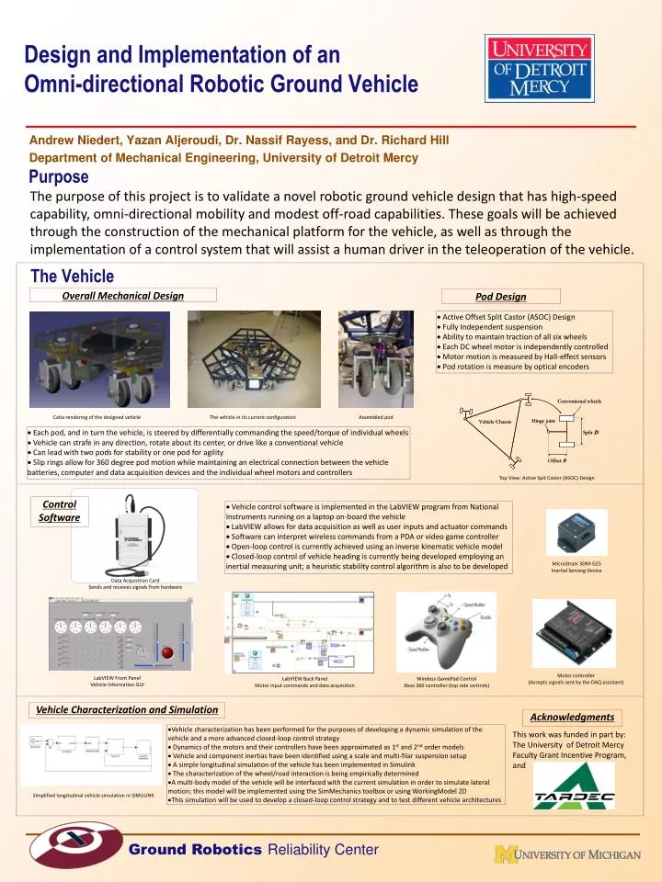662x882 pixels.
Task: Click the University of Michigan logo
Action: (567, 854)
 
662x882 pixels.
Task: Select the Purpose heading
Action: (59, 176)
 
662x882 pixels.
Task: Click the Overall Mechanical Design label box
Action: (123, 295)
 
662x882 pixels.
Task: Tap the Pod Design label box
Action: (500, 296)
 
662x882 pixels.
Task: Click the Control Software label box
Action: (60, 511)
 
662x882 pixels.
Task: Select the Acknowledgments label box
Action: (572, 717)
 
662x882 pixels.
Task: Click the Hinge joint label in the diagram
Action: (542, 420)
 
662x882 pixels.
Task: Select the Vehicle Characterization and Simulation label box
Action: (127, 709)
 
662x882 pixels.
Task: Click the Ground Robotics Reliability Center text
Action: (253, 850)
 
